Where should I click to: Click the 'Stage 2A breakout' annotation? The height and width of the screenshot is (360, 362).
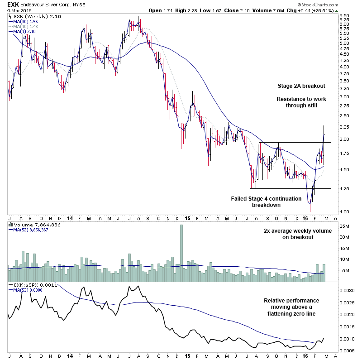[301, 86]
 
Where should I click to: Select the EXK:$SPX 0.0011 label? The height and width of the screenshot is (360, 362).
[29, 285]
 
